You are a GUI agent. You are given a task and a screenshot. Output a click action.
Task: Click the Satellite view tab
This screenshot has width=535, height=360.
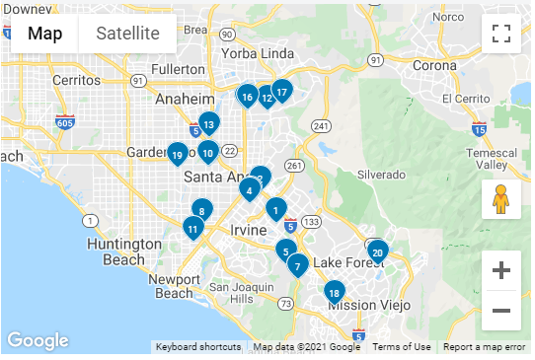(x=127, y=34)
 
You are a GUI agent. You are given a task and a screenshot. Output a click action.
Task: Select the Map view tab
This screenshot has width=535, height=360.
(x=45, y=34)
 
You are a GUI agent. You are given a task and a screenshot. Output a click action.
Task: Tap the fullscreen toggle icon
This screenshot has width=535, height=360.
(x=501, y=34)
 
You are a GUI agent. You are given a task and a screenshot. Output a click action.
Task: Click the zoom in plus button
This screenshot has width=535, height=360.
(x=501, y=270)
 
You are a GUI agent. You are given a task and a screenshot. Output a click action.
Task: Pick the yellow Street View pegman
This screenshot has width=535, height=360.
(x=501, y=199)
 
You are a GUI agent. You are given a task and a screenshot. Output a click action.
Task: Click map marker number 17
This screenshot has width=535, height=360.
(x=281, y=93)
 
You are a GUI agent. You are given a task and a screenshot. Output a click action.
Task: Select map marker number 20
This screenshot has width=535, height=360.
(x=377, y=252)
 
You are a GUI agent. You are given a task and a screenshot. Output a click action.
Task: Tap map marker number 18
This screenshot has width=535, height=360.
(x=335, y=293)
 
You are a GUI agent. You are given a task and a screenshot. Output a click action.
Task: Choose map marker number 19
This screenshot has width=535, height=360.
(x=177, y=154)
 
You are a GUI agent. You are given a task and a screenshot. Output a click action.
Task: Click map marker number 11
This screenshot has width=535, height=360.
(x=193, y=229)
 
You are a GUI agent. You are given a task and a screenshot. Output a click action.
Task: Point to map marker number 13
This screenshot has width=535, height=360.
(x=208, y=124)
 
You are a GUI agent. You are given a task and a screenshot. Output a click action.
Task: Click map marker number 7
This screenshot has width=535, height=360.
(x=298, y=265)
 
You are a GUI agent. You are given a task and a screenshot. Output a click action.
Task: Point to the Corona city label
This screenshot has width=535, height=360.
(x=435, y=65)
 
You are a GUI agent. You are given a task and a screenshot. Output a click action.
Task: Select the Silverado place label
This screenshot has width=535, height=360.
(x=382, y=175)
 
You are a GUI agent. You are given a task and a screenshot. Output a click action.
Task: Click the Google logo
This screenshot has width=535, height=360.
(x=38, y=341)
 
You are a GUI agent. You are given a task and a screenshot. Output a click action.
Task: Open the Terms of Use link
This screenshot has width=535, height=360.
(x=401, y=347)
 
